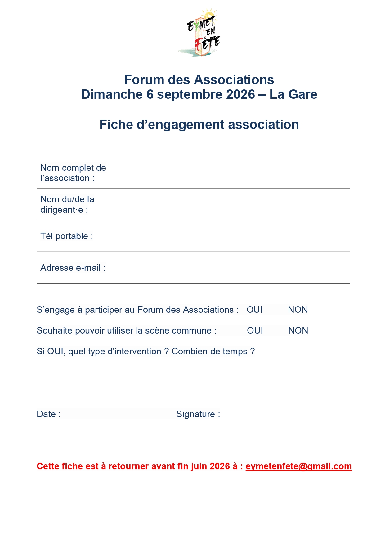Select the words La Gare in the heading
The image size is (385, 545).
point(293,94)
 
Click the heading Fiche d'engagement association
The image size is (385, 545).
point(199,125)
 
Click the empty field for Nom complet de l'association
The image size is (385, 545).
point(237,173)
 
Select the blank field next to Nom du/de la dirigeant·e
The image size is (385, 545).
point(237,204)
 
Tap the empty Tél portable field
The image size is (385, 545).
point(237,236)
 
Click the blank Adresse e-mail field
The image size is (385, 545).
point(237,268)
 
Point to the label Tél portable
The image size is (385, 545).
point(66,236)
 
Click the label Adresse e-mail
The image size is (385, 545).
point(73,268)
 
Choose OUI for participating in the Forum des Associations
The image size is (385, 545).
point(255,310)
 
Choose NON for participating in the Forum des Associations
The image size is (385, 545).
point(298,310)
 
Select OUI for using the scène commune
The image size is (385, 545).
point(255,331)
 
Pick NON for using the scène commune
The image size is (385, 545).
point(298,331)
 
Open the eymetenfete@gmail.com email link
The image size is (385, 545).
point(298,466)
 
